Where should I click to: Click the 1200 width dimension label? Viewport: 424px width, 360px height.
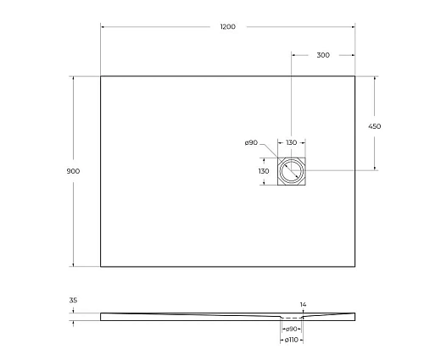coord(227,27)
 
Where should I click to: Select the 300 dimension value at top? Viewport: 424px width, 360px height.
coord(322,55)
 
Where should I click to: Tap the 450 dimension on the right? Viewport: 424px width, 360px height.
coord(374,126)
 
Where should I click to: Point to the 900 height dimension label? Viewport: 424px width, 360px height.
coord(73,171)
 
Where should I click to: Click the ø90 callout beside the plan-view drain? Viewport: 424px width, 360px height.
coord(251,142)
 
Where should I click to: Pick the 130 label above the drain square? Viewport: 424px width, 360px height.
coord(291,142)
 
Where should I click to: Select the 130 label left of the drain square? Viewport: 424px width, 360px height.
coord(263,171)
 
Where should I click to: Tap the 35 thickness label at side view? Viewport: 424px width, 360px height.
coord(74,301)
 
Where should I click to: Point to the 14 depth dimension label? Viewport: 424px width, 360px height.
coord(302,303)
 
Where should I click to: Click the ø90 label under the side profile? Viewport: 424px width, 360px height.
coord(291,329)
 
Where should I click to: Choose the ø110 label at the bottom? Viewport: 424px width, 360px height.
coord(291,340)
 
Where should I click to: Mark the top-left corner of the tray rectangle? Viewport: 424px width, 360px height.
coord(101,76)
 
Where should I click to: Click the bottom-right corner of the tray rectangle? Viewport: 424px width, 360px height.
coord(354,266)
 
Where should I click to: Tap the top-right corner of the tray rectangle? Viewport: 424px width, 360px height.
coord(354,76)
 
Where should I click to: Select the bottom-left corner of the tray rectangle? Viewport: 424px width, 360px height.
coord(101,266)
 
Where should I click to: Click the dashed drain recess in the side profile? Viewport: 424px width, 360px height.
coord(291,319)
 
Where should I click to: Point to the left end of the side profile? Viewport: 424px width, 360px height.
coord(102,317)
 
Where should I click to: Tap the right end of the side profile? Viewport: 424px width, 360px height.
coord(354,317)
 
